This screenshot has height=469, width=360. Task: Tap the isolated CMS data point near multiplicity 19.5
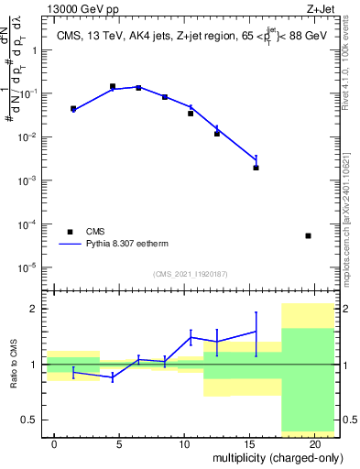tap(308, 235)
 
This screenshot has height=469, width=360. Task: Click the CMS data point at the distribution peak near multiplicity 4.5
tap(113, 86)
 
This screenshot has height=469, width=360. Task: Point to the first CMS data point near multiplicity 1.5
tap(73, 108)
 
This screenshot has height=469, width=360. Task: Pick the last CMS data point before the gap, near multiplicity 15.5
tap(256, 168)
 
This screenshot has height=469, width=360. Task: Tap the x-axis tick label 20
tap(314, 444)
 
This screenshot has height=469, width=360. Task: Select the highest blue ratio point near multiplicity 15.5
tap(256, 332)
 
